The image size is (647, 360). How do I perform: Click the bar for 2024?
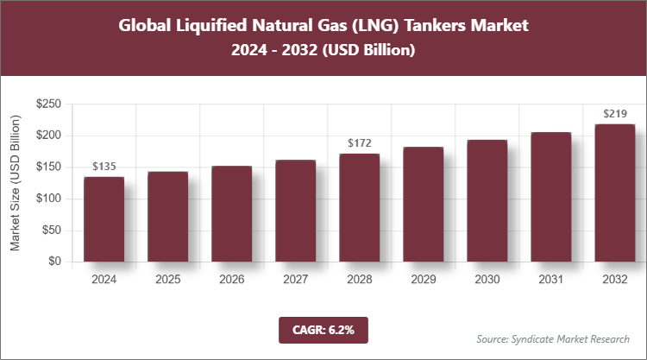coord(104,219)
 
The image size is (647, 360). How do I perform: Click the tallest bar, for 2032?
coord(614,193)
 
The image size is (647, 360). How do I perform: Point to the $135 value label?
coord(104,166)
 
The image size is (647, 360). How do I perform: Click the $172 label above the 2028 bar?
coord(359,142)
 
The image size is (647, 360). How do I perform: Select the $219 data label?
coord(614,113)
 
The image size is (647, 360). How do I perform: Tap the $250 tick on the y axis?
coord(47,104)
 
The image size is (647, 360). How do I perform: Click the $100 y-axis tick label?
coord(47,199)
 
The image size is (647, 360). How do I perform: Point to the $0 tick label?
coord(53,262)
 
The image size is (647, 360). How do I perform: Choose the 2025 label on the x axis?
coord(167,280)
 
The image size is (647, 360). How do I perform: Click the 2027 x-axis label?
coord(295,280)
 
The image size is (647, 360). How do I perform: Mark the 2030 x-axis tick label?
coord(487,280)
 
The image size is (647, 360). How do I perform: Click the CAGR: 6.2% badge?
coord(323,330)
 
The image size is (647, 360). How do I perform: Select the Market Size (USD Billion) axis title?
coord(16,183)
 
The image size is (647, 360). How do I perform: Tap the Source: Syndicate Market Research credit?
coord(553,338)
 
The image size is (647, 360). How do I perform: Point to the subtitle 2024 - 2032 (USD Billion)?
coord(323,51)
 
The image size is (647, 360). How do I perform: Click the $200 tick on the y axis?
coord(47,136)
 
